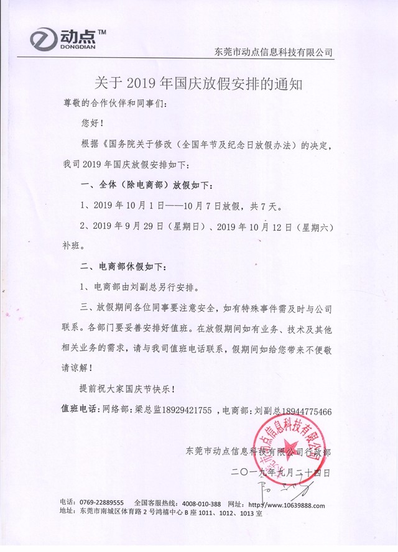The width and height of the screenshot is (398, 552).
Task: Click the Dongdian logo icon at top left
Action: pos(44,40)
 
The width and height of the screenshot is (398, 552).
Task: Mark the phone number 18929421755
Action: pos(185,410)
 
